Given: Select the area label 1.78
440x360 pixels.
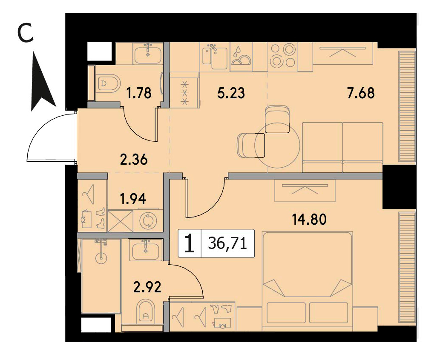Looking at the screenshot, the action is (139, 93).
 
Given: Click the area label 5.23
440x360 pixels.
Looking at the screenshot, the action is (231, 93).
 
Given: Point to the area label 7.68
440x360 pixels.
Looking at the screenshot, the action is (361, 93).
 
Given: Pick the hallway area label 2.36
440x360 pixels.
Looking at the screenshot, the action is (134, 160).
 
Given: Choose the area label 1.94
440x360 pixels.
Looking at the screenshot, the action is (132, 199).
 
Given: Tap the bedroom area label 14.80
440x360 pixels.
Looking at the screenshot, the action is (309, 219).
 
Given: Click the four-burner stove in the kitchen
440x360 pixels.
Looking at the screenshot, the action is (282, 57).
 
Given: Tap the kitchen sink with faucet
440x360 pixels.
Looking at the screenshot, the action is (215, 57).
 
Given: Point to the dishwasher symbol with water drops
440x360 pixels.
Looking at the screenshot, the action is (241, 57).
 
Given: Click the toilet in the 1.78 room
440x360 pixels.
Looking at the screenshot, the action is (110, 83).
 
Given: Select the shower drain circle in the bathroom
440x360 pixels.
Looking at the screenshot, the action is (101, 258).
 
